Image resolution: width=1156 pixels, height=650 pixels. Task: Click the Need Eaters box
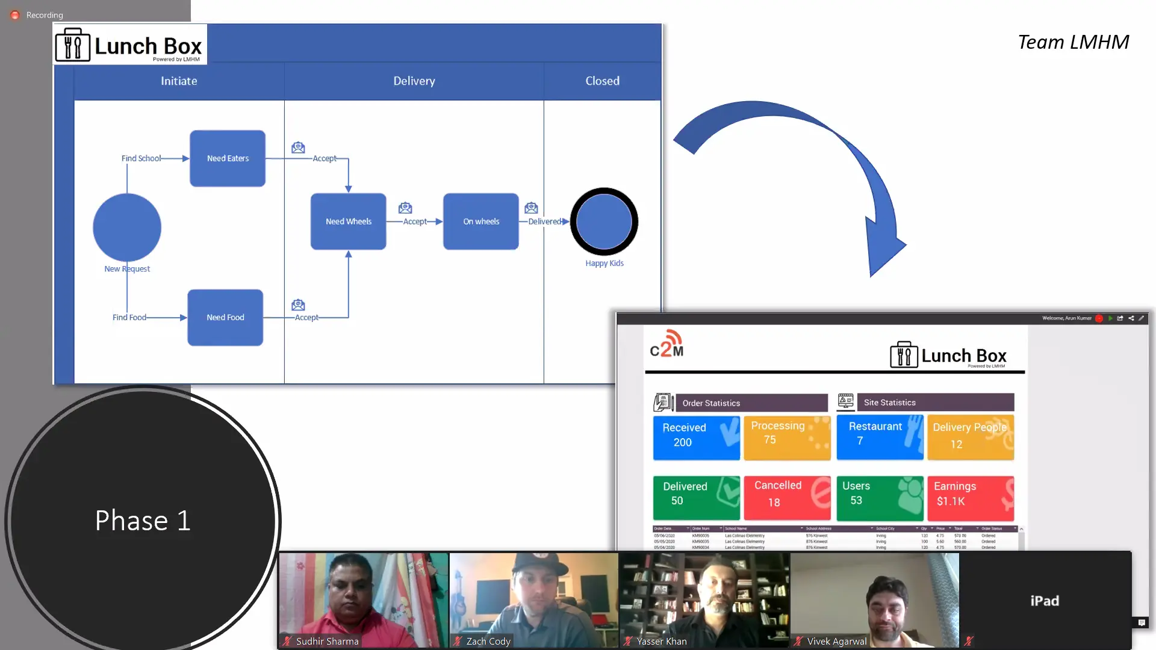coord(228,158)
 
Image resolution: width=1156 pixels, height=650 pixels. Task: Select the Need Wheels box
coord(348,221)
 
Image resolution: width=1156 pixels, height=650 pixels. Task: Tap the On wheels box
coord(480,221)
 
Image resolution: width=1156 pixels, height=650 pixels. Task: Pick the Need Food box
coord(225,317)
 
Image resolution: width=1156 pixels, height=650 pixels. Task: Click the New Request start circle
coord(127,227)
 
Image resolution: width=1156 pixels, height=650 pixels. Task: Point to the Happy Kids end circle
coord(604,221)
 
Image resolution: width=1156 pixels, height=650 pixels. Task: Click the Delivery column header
coord(414,81)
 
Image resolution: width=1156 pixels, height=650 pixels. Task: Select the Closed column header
coord(602,81)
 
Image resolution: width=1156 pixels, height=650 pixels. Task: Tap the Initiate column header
coord(179,81)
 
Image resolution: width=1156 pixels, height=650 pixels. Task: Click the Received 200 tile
coord(696,438)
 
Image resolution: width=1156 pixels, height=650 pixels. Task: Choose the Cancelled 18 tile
coord(787,497)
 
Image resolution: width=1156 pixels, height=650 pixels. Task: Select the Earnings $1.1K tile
coord(970,497)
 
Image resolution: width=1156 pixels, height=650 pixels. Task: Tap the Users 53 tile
coord(879,497)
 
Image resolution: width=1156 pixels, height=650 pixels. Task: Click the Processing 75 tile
coord(787,438)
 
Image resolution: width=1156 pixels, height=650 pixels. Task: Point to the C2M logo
coord(667,344)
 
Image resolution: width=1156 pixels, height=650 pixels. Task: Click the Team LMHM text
coord(1073,42)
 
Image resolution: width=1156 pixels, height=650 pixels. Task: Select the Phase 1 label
coord(143,521)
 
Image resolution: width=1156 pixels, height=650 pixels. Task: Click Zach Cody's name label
coord(488,642)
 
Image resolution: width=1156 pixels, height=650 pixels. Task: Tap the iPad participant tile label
coord(1045,601)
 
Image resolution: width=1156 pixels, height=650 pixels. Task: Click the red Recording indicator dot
coord(15,15)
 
